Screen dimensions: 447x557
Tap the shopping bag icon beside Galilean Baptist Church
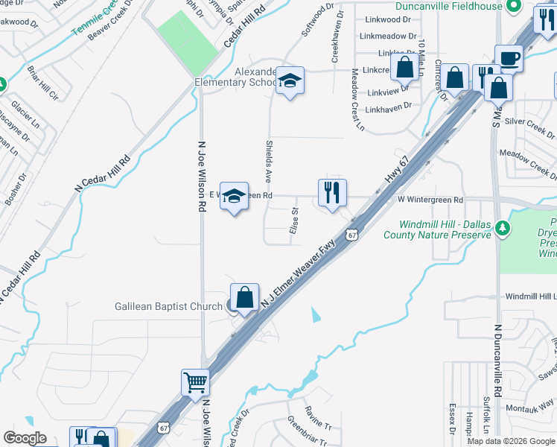244,298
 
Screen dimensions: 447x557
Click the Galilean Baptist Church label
168,306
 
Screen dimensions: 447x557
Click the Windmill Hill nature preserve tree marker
504,229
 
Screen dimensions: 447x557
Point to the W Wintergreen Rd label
430,200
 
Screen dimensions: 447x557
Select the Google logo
25,438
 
